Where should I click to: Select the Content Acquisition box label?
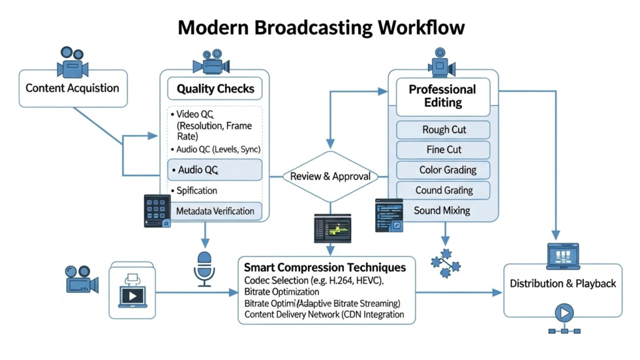(72, 87)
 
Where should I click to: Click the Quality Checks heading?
(216, 89)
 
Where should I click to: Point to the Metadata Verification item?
(215, 211)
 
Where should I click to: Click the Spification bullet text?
(197, 191)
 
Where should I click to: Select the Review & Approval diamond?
(330, 176)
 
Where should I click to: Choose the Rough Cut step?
(444, 130)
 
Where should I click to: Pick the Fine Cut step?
(444, 150)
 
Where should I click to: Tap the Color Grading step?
(447, 170)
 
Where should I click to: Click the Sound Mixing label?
(442, 211)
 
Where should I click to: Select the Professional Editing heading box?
(442, 96)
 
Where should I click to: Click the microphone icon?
(204, 267)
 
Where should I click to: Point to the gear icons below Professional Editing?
(446, 262)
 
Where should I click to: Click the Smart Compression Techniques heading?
(324, 267)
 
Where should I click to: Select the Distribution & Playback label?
(562, 283)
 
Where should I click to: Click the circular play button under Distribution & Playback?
(564, 312)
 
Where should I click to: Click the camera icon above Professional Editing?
(442, 61)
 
